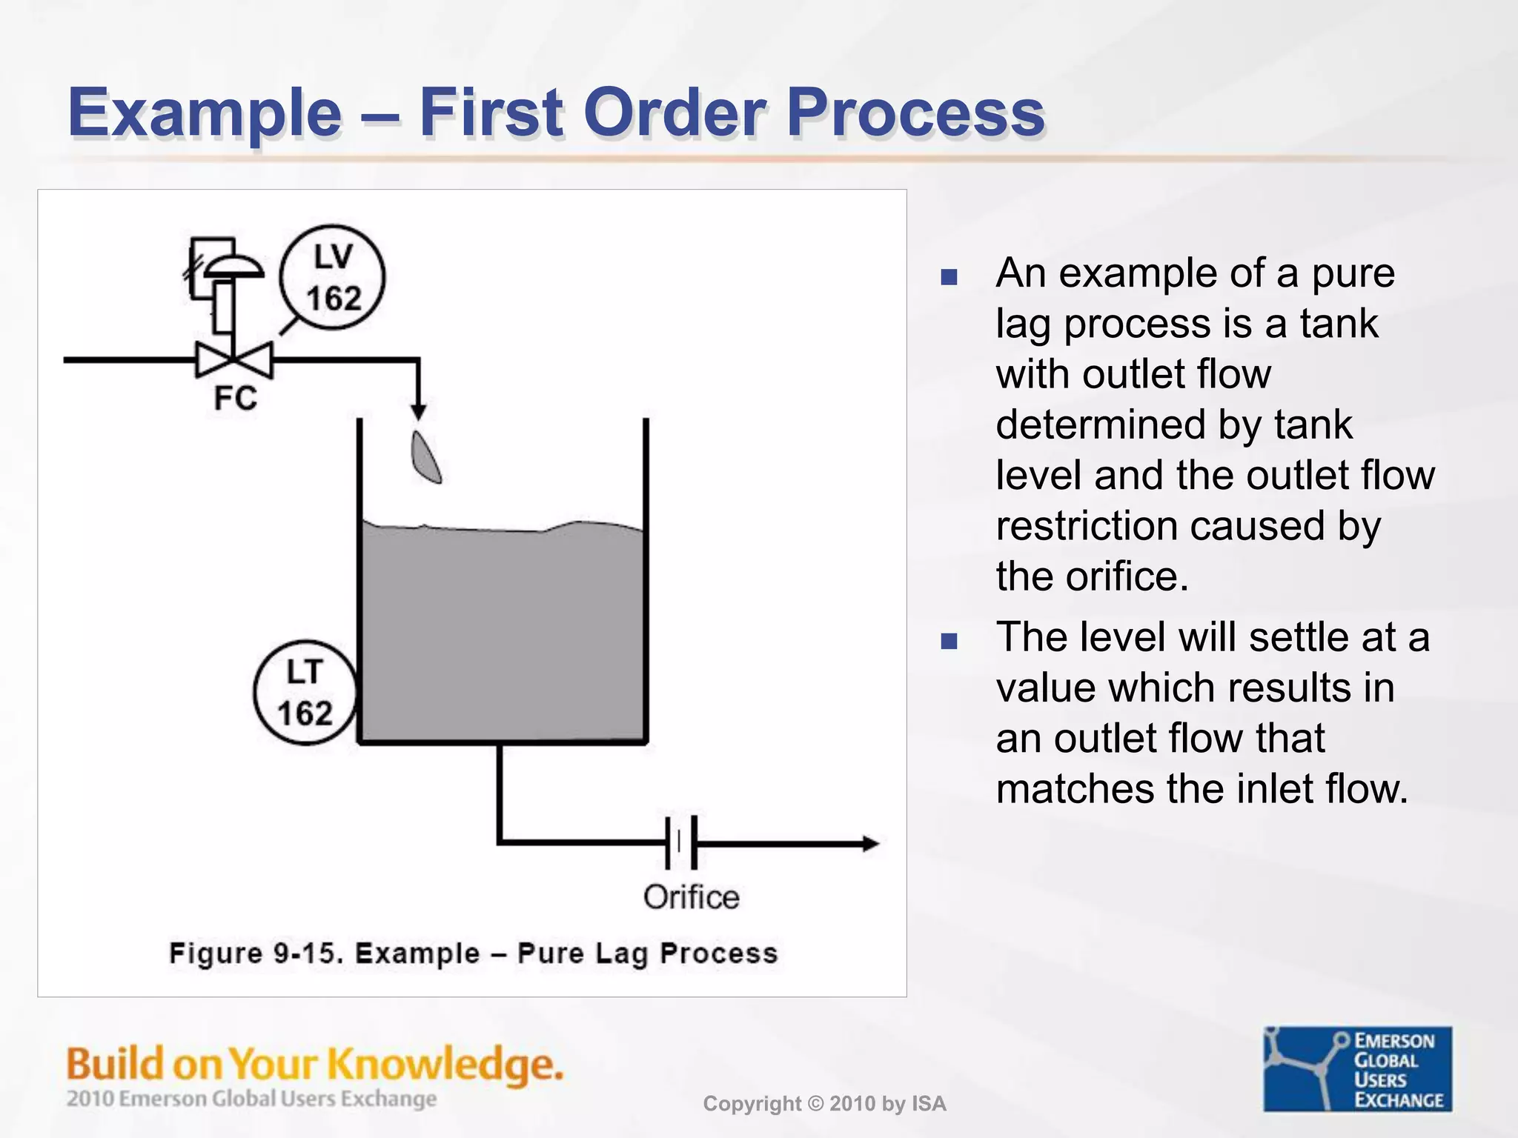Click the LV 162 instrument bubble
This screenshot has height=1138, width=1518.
(x=332, y=278)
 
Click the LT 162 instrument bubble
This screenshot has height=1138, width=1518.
(x=305, y=693)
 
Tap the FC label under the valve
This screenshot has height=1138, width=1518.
(x=235, y=399)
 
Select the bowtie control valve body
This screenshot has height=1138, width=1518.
(x=234, y=361)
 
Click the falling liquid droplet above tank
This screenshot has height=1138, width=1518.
(x=426, y=458)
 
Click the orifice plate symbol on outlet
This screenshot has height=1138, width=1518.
(x=680, y=842)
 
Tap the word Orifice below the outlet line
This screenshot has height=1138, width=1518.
(x=691, y=897)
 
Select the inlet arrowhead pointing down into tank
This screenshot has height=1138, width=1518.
(x=418, y=411)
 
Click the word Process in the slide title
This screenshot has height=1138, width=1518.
(x=915, y=113)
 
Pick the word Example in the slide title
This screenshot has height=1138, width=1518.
(x=205, y=113)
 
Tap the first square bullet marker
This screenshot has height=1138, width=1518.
(x=949, y=278)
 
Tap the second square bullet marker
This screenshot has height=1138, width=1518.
(x=949, y=641)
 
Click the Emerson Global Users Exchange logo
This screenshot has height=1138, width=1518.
(x=1357, y=1068)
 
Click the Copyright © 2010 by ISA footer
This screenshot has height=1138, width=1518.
(x=824, y=1104)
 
